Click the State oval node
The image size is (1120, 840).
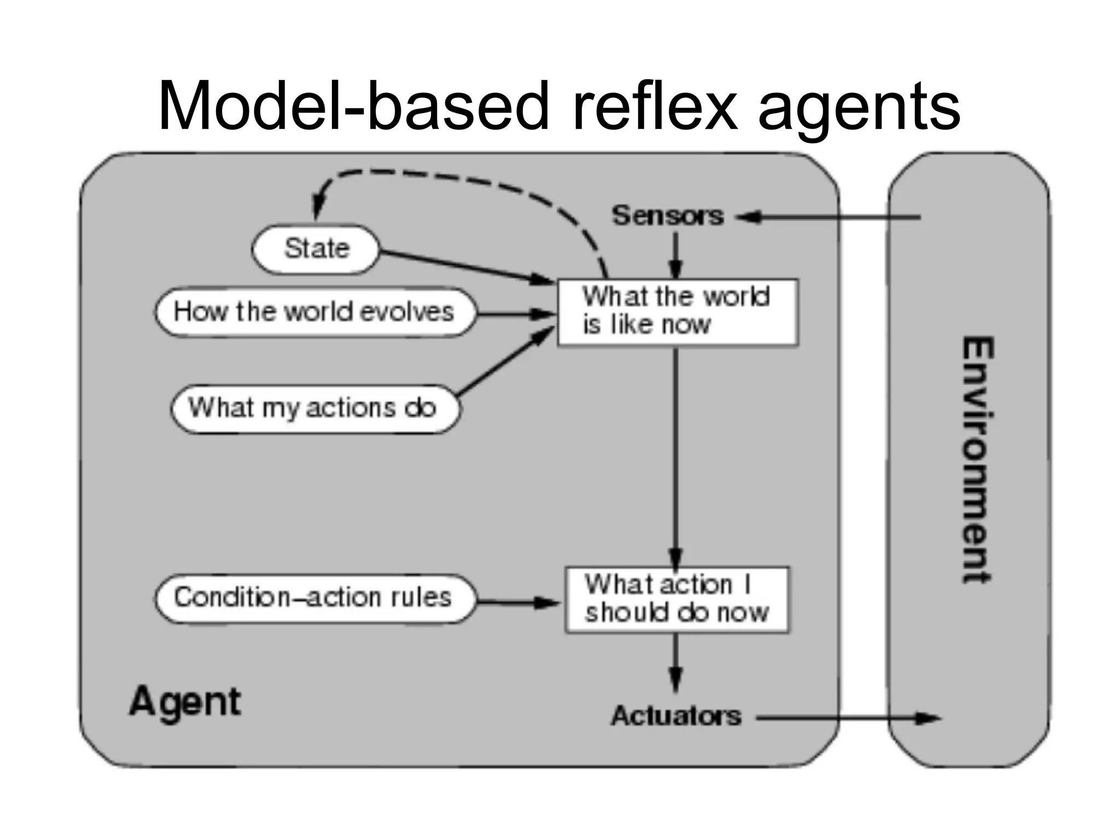pos(316,249)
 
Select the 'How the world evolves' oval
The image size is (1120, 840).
pos(314,312)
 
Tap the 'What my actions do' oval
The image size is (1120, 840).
pos(314,409)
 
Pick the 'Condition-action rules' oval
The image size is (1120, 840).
pos(314,598)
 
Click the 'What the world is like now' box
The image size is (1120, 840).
pos(677,312)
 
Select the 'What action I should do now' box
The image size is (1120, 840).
pos(677,600)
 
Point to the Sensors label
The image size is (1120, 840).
pos(668,215)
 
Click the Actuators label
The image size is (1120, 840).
pos(676,716)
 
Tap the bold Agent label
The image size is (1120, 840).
pos(185,702)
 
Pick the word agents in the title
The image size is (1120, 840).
pos(859,109)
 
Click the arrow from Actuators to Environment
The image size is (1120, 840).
pos(848,717)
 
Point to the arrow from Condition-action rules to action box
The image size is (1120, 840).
pos(517,603)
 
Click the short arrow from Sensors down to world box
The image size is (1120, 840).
pos(676,256)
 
